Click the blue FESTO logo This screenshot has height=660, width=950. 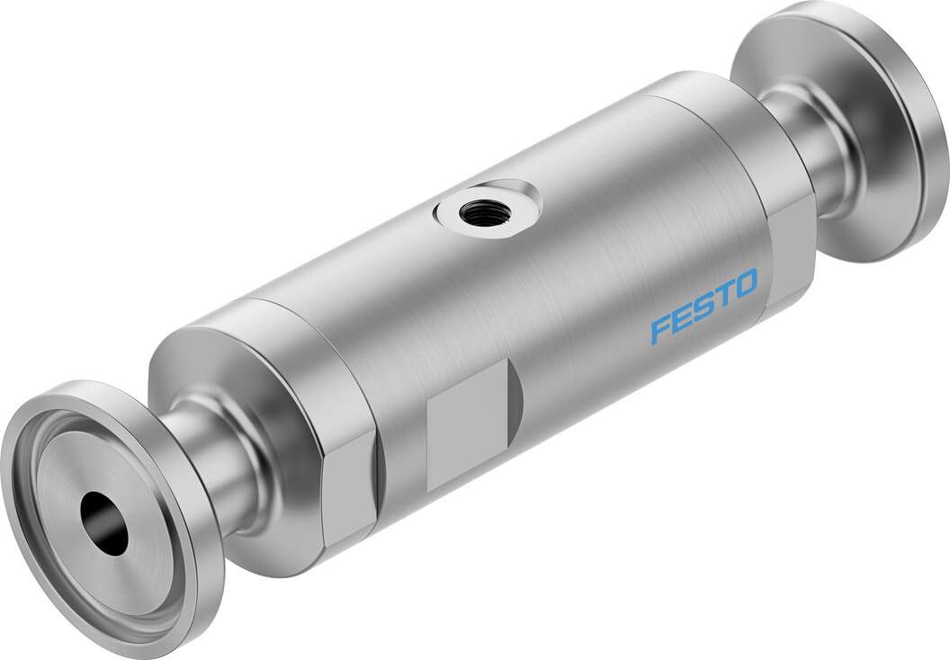pos(704,309)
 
